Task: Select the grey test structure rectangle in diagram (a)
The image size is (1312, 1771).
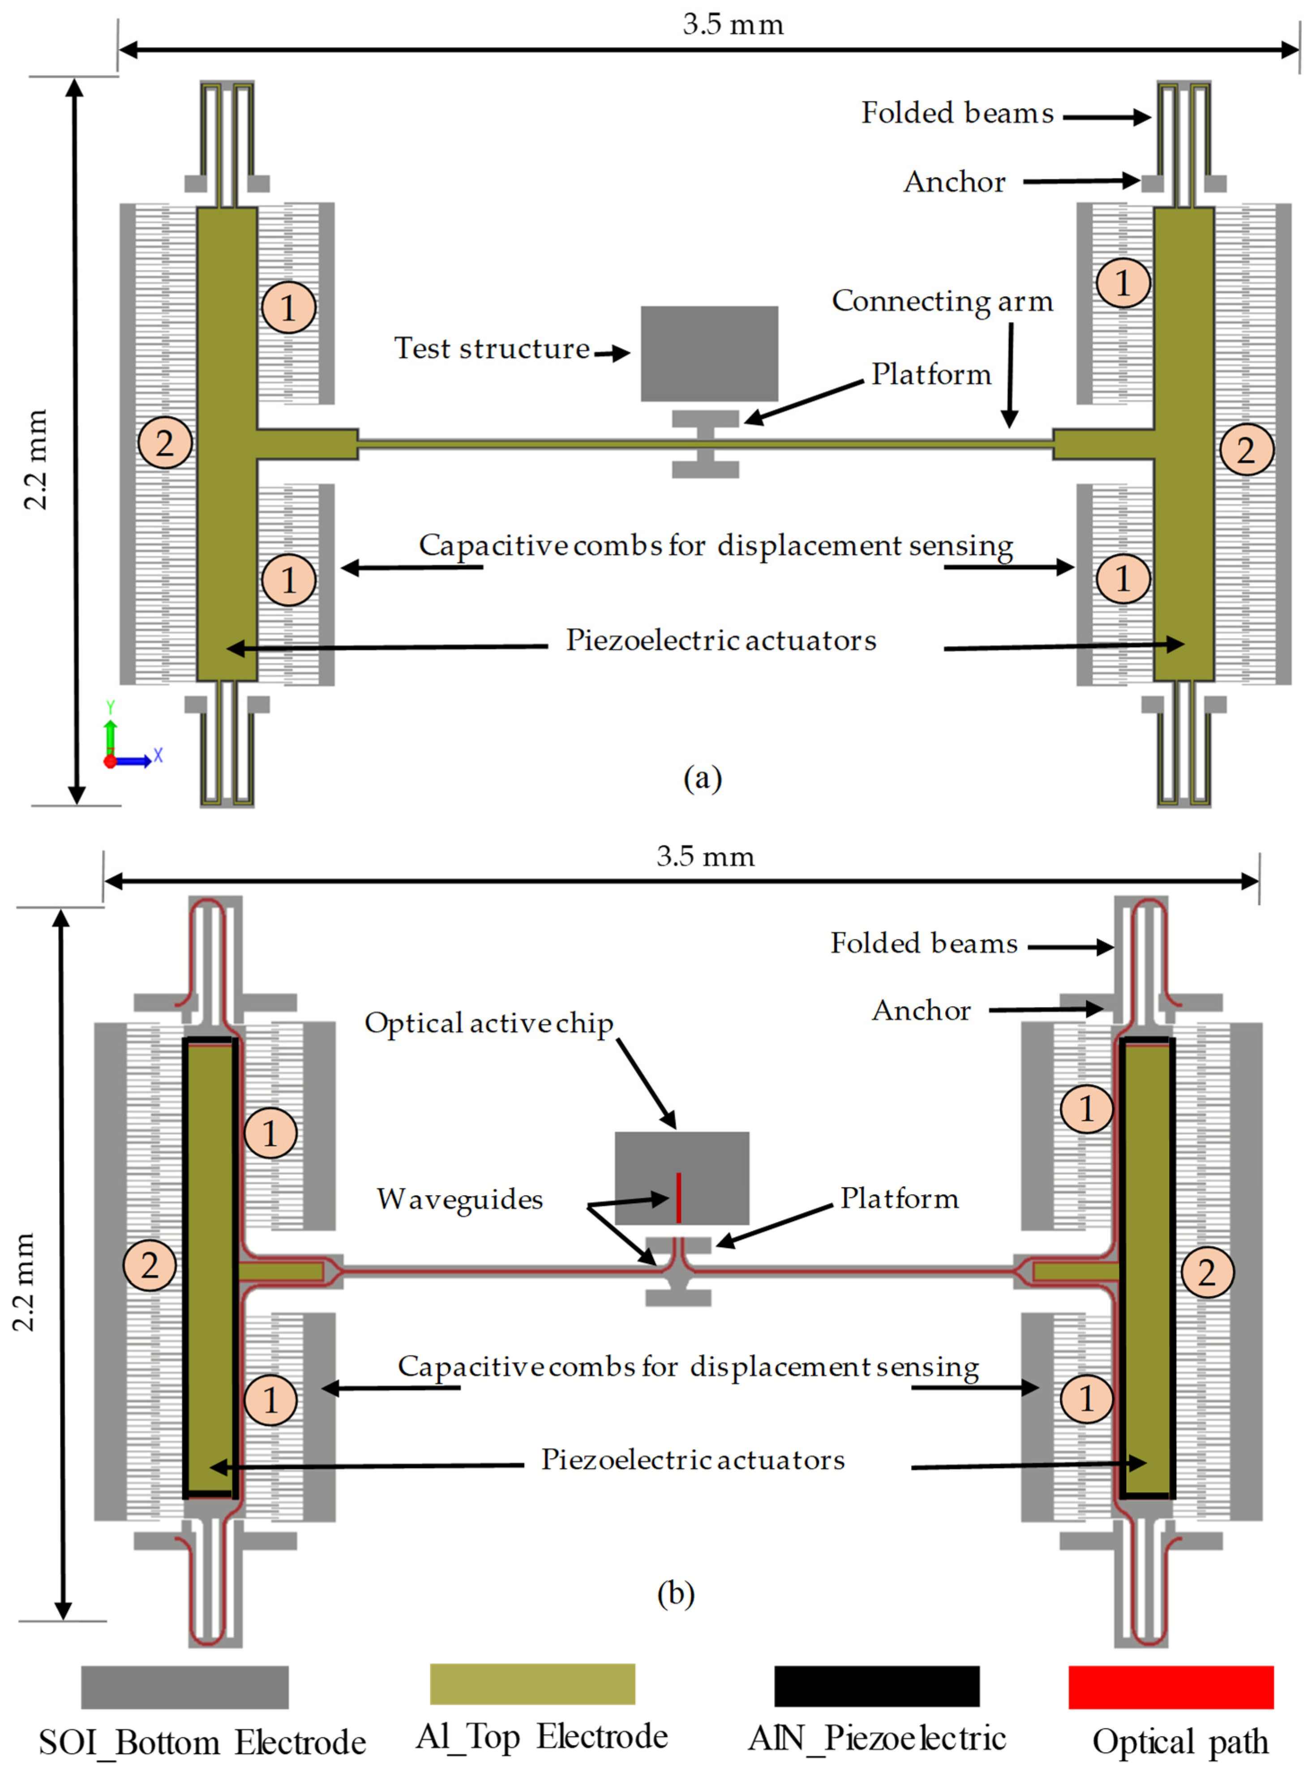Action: (709, 353)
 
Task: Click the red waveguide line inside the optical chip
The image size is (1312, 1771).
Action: (678, 1198)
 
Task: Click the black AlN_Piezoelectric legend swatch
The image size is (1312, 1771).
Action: (877, 1686)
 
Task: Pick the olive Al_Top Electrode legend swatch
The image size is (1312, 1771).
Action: (532, 1685)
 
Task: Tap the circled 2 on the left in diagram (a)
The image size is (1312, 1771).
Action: (164, 443)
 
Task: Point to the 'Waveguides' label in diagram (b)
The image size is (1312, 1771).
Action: (460, 1199)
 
